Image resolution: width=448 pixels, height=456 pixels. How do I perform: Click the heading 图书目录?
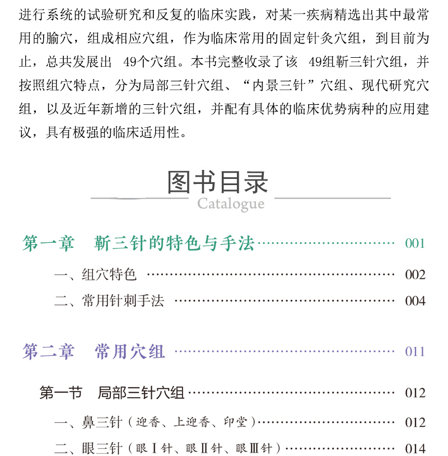pos(218,182)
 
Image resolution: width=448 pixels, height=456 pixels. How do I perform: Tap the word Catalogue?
pos(230,203)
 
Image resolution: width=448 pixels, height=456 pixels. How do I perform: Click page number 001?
pos(415,243)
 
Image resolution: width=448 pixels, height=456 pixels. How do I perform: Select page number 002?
pos(415,275)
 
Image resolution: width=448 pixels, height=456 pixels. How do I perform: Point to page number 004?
pos(415,301)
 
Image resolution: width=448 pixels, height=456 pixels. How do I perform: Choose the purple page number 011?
pos(415,352)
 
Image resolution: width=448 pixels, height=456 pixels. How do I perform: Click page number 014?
pos(415,449)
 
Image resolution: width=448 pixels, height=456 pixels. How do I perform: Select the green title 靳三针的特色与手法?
pos(175,243)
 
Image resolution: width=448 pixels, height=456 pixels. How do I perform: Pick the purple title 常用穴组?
pos(130,352)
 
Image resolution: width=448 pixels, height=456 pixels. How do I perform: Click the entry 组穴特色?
pos(109,275)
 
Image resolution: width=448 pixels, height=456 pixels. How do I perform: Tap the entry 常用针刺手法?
pos(123,301)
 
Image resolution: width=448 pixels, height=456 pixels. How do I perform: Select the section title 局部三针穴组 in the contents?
pos(141,393)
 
